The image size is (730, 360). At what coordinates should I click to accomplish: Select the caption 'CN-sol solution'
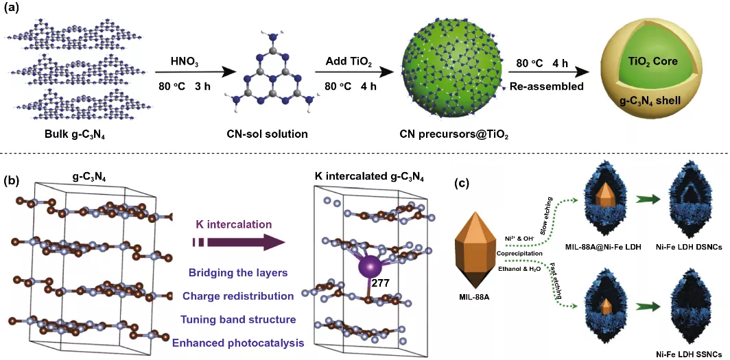click(x=263, y=134)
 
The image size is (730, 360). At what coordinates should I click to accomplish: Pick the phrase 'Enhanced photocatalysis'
click(x=238, y=344)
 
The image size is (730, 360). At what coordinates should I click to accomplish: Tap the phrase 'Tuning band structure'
click(x=238, y=320)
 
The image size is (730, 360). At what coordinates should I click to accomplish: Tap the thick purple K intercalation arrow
click(x=238, y=242)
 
